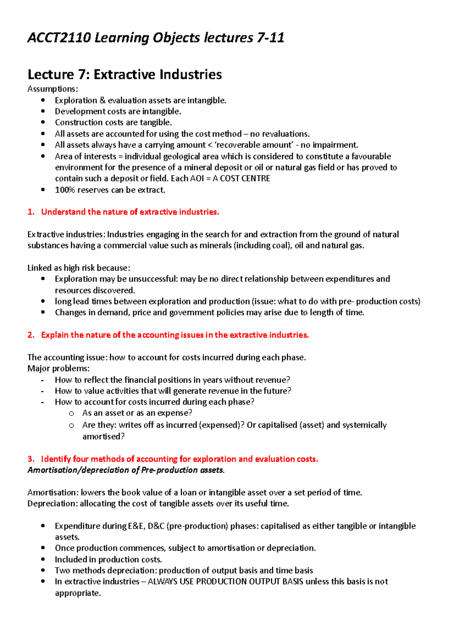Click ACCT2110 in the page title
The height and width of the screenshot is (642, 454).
[59, 38]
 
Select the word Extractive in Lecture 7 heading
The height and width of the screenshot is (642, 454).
[124, 74]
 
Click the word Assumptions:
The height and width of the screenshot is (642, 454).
[53, 89]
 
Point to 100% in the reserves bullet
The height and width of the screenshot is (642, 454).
[65, 190]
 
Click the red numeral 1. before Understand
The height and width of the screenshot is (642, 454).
[31, 212]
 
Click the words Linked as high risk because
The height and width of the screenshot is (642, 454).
[78, 268]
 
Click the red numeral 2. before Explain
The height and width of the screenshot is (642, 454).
[31, 335]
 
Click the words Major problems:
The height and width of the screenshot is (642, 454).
[58, 368]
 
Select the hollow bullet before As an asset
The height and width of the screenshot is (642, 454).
[72, 414]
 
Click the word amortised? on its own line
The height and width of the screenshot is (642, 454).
[103, 436]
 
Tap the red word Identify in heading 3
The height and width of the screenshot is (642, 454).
[56, 459]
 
